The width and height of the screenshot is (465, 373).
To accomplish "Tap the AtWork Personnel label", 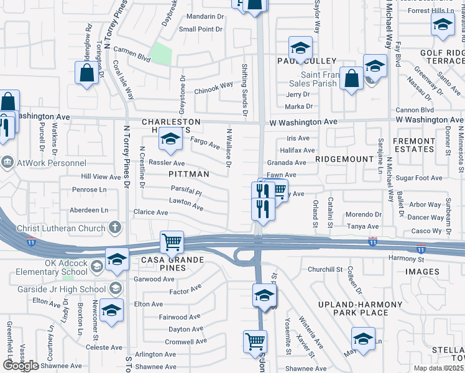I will pyautogui.click(x=45, y=163).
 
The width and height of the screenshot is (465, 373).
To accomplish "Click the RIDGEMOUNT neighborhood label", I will pyautogui.click(x=344, y=159).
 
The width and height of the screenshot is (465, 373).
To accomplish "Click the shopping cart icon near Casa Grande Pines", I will pyautogui.click(x=172, y=241).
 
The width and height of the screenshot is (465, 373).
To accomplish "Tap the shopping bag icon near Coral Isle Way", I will pyautogui.click(x=86, y=72).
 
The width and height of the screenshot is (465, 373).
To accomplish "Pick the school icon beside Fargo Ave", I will pyautogui.click(x=169, y=139).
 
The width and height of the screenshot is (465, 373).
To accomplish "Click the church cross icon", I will pyautogui.click(x=114, y=228).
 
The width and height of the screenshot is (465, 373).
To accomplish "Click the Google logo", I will pyautogui.click(x=21, y=366).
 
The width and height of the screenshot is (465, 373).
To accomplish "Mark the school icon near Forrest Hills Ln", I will pyautogui.click(x=443, y=24).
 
